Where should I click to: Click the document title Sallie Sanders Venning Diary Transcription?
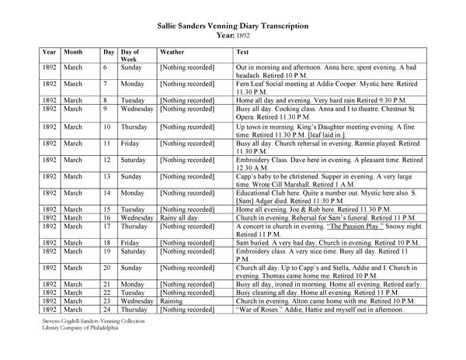(x=232, y=26)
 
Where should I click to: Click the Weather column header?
(x=172, y=51)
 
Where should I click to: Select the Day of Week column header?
(x=130, y=55)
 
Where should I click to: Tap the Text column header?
(x=242, y=51)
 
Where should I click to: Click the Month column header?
(x=75, y=51)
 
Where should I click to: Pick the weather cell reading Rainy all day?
(x=179, y=219)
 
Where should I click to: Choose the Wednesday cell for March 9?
(x=138, y=109)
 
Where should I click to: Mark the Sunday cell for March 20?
(x=131, y=268)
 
